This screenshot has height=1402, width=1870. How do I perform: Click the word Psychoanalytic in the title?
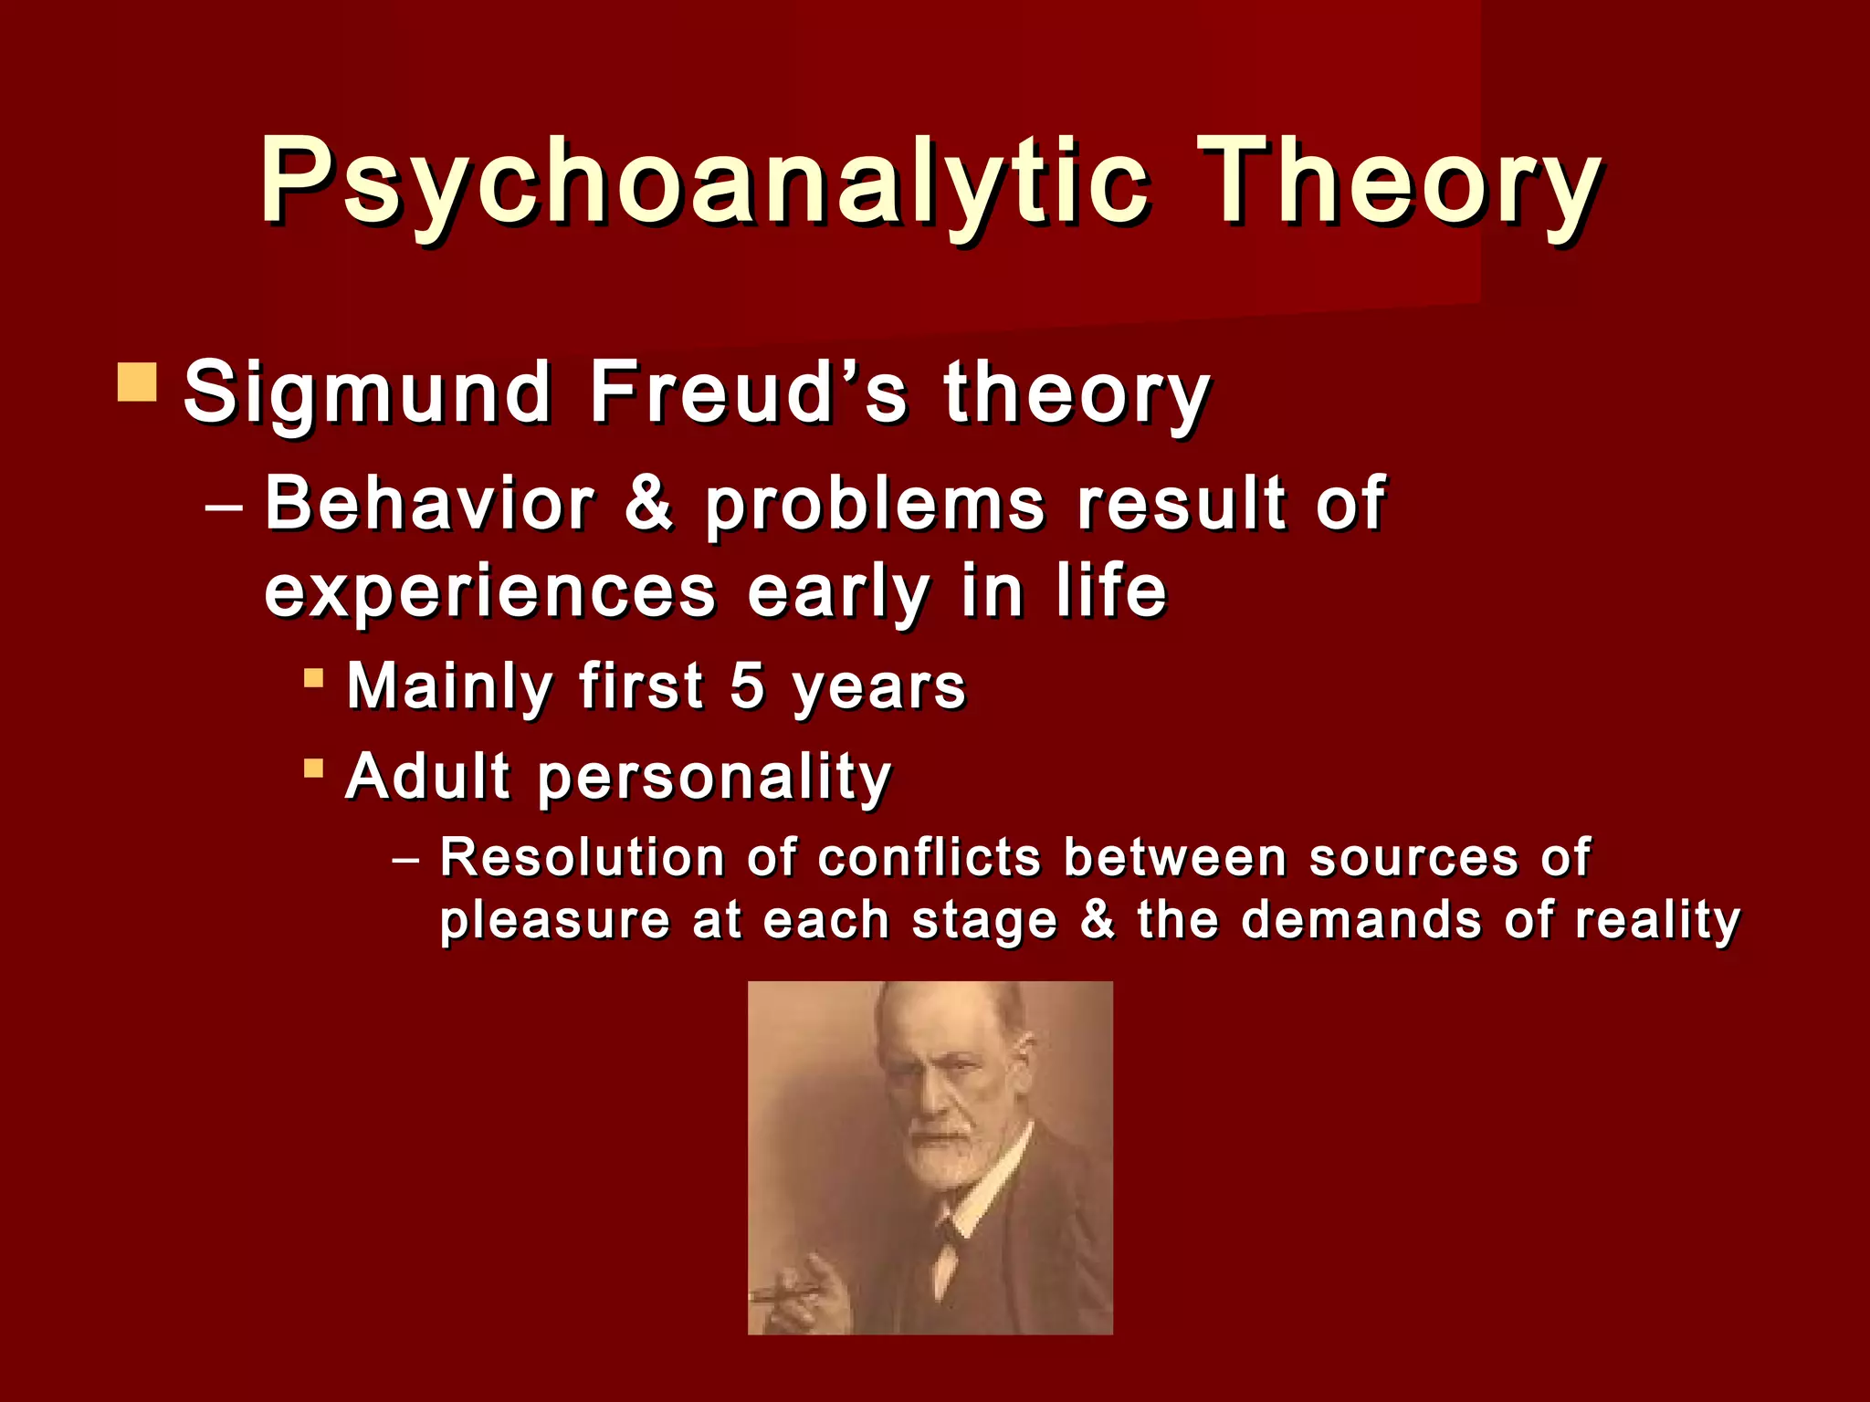(x=703, y=180)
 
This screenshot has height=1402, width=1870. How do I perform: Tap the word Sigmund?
(x=367, y=392)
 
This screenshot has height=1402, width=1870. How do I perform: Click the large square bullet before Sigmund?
(x=138, y=383)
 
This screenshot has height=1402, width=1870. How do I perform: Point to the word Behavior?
(x=429, y=504)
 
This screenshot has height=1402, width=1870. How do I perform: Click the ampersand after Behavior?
(x=649, y=504)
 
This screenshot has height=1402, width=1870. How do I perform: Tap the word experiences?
(x=490, y=593)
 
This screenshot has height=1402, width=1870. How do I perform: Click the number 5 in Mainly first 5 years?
(x=747, y=686)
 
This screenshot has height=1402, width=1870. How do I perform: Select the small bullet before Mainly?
(x=313, y=678)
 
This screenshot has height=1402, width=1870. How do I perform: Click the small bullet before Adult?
(x=313, y=768)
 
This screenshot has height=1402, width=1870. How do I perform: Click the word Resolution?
(x=583, y=858)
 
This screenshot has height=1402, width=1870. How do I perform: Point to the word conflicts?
(x=929, y=858)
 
